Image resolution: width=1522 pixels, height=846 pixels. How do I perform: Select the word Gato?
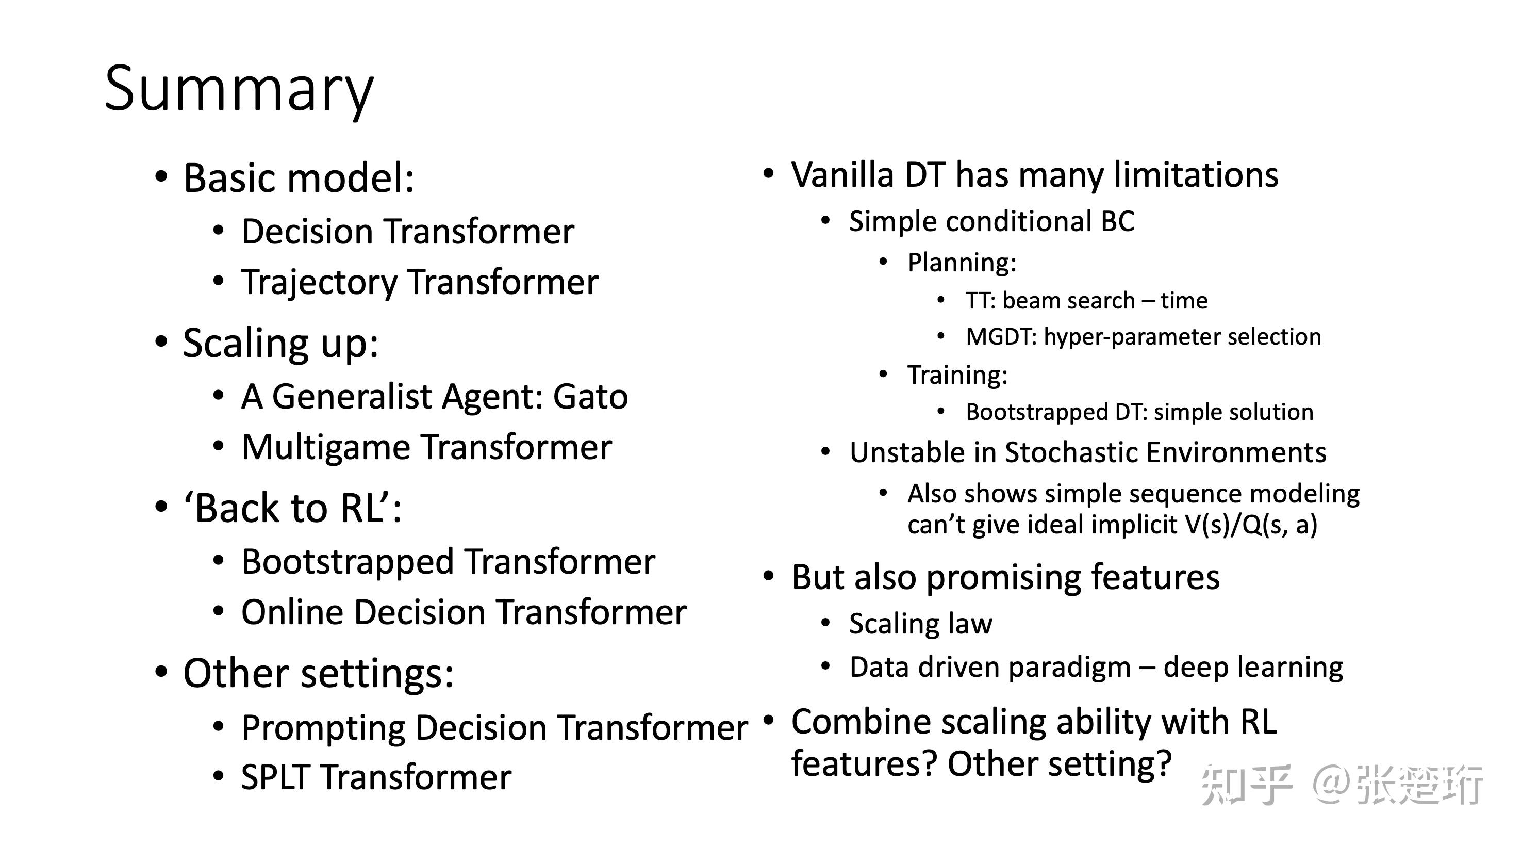coord(590,396)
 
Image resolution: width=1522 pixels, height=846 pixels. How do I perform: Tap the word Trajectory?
coord(319,283)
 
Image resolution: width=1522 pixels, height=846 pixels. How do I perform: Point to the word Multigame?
coord(325,448)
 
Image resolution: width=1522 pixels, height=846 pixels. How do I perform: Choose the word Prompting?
coord(323,728)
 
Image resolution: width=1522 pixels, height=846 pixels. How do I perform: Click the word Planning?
coord(961,263)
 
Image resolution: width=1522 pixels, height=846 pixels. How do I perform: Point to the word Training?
coord(956,376)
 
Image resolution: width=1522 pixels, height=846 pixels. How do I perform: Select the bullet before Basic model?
coord(161,176)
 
